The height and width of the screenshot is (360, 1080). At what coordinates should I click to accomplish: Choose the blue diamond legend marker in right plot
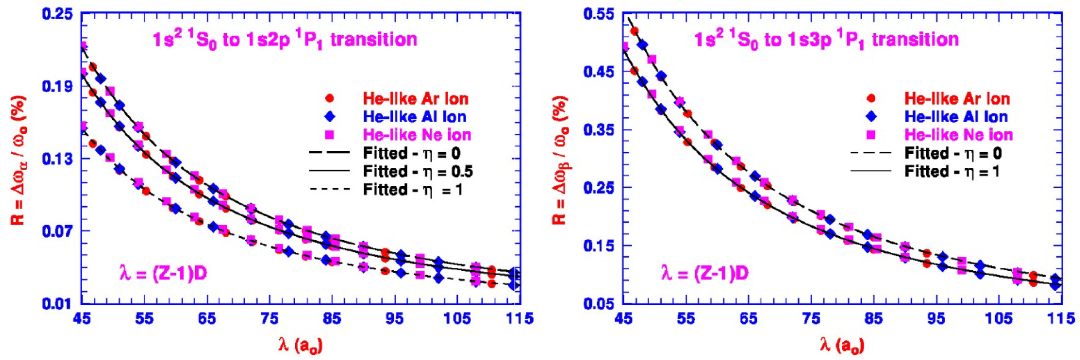(x=871, y=117)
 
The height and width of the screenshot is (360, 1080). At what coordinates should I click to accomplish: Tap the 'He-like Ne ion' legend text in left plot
(x=417, y=135)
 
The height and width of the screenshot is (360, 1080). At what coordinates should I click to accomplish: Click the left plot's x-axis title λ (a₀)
(x=301, y=346)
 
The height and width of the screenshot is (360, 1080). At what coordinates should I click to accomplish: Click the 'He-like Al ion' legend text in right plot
(x=956, y=117)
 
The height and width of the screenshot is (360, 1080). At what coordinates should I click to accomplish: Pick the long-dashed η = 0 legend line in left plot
(x=329, y=153)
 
